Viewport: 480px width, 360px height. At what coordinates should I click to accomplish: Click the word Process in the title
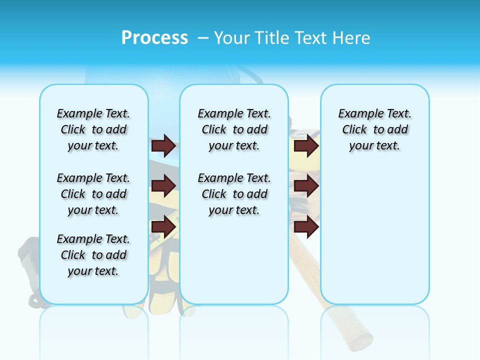[154, 38]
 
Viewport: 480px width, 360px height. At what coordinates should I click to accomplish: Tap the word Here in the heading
[350, 38]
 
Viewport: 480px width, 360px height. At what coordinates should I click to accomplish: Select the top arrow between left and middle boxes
[163, 145]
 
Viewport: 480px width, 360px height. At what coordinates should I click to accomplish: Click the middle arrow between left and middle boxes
[163, 186]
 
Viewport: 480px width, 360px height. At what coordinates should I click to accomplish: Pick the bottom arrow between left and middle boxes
[163, 227]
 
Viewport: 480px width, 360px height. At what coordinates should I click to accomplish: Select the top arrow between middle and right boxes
[306, 145]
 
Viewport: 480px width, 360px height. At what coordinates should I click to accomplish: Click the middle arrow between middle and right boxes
[306, 186]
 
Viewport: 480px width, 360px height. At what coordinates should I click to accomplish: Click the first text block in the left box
[93, 129]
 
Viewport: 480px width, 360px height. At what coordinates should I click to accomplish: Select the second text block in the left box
[93, 194]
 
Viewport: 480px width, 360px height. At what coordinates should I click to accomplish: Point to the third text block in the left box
[93, 255]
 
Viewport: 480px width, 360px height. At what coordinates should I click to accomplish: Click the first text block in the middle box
[234, 129]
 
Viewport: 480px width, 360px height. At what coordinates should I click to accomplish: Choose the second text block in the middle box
[234, 194]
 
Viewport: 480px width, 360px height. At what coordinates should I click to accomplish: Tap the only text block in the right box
[374, 129]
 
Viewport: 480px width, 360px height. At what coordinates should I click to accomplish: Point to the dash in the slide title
[203, 38]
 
